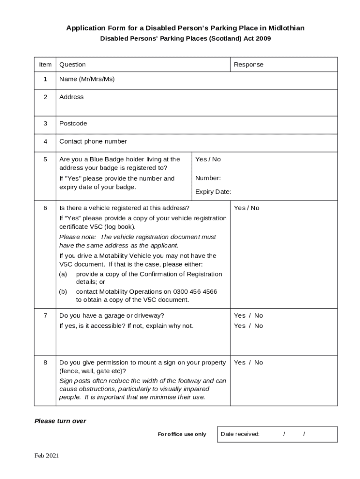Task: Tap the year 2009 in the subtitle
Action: coord(263,39)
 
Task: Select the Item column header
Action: coord(45,65)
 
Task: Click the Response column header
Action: coord(248,65)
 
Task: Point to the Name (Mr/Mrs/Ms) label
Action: coord(87,79)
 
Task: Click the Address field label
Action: coord(72,97)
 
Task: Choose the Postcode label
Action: coord(73,123)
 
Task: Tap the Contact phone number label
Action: coord(93,141)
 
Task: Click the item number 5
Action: coord(45,160)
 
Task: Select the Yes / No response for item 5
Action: coord(208,160)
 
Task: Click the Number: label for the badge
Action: coord(208,178)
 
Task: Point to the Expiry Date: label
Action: coord(213,192)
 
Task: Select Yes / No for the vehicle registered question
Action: coord(246,208)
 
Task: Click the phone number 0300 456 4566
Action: coord(195,291)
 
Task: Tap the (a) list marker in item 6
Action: coord(63,274)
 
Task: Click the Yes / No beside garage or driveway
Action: coord(248,316)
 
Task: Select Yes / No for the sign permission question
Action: coord(248,363)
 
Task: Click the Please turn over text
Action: coord(60,421)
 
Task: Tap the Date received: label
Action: coord(240,434)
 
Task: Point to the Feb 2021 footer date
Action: coord(46,456)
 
